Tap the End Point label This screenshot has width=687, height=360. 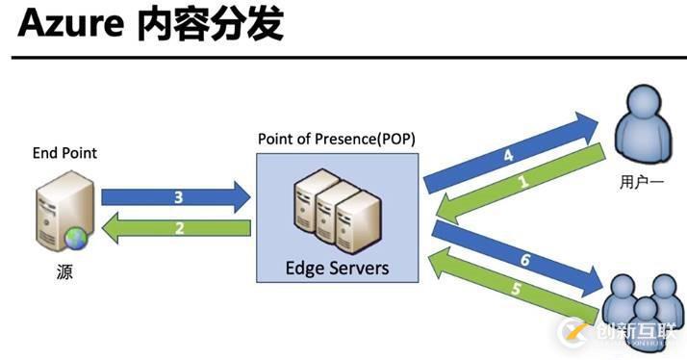point(64,153)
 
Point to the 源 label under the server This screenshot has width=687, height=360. point(64,272)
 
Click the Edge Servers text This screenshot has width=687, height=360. point(337,267)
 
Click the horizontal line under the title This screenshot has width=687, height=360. point(343,58)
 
